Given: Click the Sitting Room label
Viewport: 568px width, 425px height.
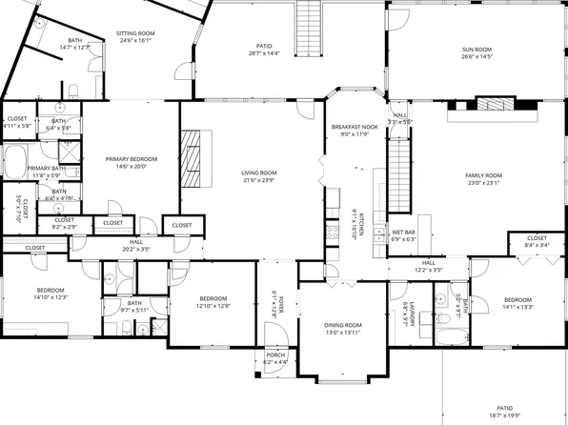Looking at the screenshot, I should pos(136,32).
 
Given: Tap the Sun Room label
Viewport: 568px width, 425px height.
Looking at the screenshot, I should pos(476,49).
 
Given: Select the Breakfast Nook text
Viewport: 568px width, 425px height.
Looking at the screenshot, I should pos(354,127).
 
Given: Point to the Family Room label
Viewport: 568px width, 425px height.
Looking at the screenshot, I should pos(483,176).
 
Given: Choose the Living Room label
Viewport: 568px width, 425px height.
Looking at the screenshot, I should pos(257,172).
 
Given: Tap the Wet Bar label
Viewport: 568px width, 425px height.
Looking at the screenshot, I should pos(403,232).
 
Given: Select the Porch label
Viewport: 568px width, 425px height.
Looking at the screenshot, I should pos(275,355).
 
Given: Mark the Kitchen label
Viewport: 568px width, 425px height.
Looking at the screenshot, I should pos(355,221).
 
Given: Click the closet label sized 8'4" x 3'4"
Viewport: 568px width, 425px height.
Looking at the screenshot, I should pos(537,245).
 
